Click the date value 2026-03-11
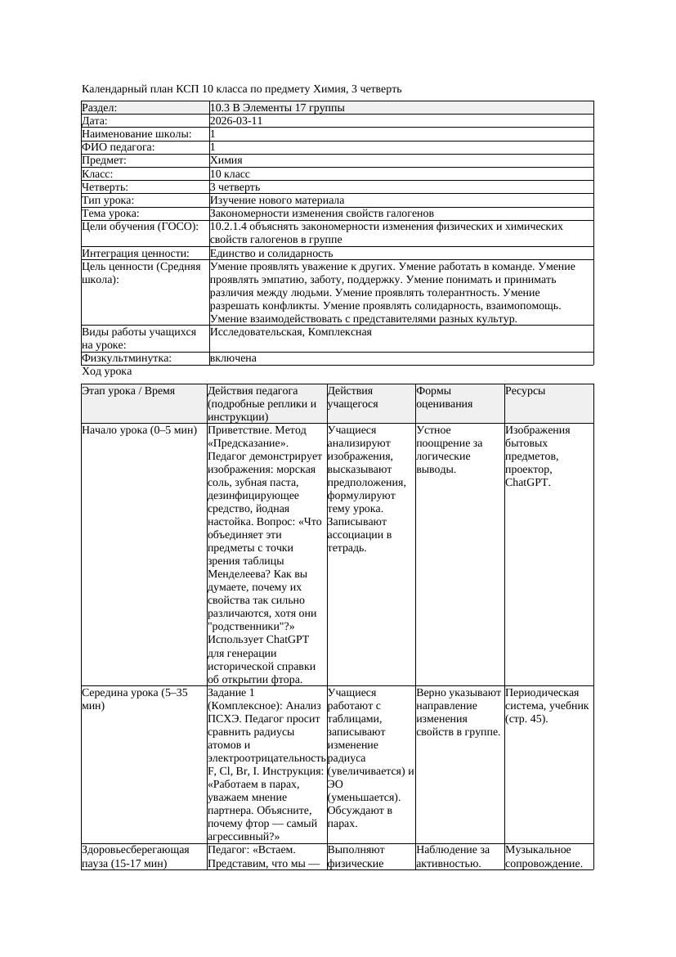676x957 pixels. coord(236,121)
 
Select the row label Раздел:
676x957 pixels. coord(100,108)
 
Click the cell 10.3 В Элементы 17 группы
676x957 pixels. coord(277,108)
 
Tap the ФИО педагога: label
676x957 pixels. coord(119,147)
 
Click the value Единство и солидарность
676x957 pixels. coord(271,254)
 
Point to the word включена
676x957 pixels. coord(233,358)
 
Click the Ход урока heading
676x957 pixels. coord(107,371)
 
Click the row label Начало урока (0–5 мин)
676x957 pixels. coord(140,429)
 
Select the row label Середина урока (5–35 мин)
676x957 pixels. coord(135,699)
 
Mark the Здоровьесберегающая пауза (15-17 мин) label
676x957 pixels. coord(136,856)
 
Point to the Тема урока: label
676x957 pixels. coord(114,213)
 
